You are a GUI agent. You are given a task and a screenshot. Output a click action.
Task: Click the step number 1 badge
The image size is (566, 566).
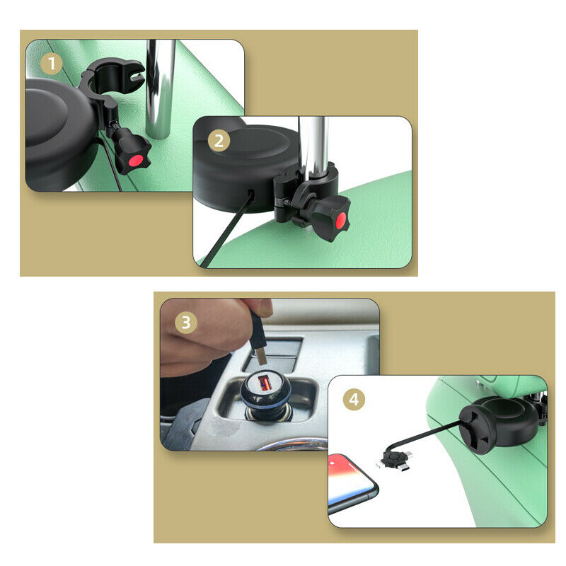(x=51, y=64)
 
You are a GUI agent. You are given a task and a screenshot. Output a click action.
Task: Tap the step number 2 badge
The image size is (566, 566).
(x=219, y=140)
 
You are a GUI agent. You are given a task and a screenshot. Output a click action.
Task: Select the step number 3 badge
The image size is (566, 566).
(x=186, y=323)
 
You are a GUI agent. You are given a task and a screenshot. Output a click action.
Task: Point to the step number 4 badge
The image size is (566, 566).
(x=354, y=400)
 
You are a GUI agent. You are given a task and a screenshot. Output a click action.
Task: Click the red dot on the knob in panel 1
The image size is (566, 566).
(x=136, y=161)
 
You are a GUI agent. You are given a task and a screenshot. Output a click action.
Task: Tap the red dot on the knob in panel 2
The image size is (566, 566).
(x=340, y=220)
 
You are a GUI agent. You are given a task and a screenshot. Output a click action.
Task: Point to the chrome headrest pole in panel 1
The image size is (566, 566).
(x=160, y=89)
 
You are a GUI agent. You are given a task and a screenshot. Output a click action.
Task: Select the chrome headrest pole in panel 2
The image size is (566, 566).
(x=313, y=148)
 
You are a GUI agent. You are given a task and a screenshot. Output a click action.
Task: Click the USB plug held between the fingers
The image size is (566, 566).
(x=260, y=340)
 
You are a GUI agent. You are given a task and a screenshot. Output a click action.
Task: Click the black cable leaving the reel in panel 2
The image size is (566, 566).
(x=226, y=230)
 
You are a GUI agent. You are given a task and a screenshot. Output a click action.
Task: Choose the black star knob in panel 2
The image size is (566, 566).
(x=330, y=214)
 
